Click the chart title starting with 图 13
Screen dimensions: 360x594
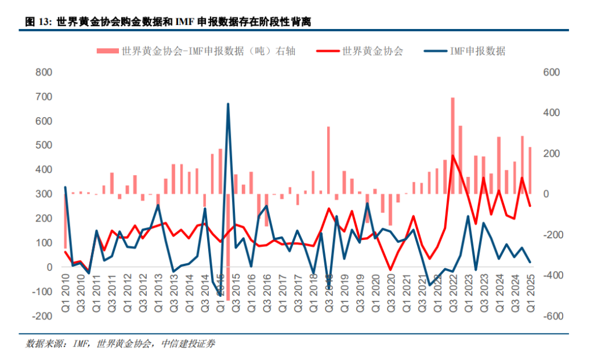[x=168, y=22]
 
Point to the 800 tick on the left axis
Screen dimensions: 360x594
[x=44, y=72]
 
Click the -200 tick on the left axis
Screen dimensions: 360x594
[x=42, y=316]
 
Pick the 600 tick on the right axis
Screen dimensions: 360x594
[x=550, y=72]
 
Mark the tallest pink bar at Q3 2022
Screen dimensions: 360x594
[x=452, y=145]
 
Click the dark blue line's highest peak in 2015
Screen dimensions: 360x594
[x=227, y=104]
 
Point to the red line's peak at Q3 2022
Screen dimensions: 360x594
[x=452, y=155]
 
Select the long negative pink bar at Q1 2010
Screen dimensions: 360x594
[x=66, y=221]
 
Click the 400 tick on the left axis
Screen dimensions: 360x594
[x=44, y=170]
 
